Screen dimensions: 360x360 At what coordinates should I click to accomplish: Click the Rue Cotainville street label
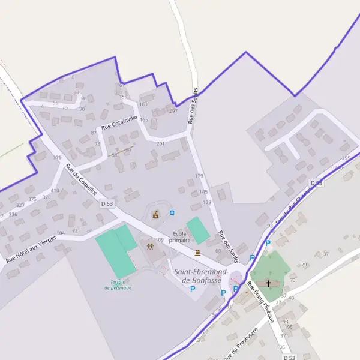tap(119, 122)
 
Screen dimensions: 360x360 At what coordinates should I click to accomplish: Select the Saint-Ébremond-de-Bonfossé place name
tap(197, 275)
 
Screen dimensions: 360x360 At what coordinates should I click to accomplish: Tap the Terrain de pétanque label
tap(117, 284)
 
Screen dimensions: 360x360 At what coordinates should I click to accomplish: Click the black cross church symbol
tap(268, 283)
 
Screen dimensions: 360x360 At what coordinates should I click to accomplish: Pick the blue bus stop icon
tap(172, 212)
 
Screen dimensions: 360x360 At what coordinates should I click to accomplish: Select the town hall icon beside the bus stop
tap(156, 214)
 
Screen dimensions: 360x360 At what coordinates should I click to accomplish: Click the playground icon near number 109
tap(148, 245)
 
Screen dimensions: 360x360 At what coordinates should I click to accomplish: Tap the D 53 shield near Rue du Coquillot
tap(107, 204)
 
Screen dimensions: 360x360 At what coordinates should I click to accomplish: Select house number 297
tap(173, 111)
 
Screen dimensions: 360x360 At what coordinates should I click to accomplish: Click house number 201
tap(160, 144)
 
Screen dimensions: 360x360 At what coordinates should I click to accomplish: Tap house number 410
tap(55, 191)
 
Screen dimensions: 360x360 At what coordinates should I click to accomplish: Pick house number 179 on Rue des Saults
tap(199, 176)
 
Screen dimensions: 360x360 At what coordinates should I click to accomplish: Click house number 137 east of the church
tap(325, 254)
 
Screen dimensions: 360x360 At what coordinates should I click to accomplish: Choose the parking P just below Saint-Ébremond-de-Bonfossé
tap(193, 289)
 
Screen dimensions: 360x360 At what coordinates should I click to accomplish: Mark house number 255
tap(346, 158)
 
